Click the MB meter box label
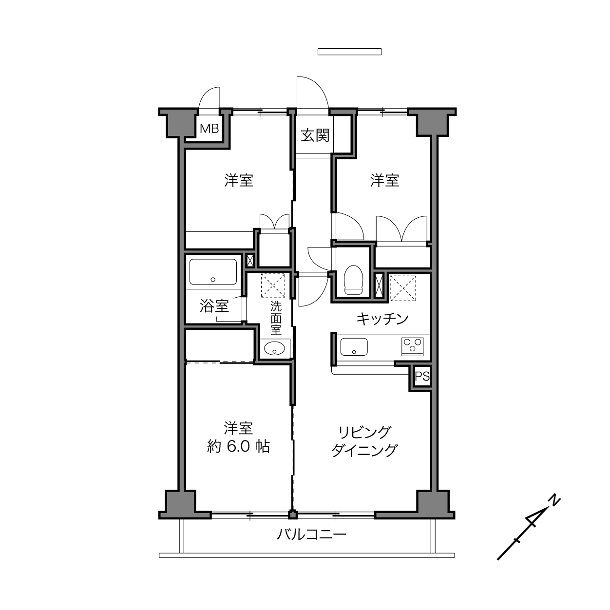[209, 129]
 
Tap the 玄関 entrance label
[315, 135]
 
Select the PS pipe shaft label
[422, 376]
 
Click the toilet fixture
[353, 280]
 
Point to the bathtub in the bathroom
[213, 271]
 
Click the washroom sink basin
[274, 348]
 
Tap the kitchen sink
[354, 346]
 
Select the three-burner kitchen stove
[413, 346]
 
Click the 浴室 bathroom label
[214, 306]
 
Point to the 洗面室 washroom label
[276, 318]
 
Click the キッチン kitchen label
[382, 319]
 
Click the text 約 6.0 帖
[238, 447]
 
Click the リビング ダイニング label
[364, 441]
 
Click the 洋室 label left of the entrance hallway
[239, 180]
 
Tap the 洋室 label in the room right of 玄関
[384, 180]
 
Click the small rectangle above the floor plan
[349, 52]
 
